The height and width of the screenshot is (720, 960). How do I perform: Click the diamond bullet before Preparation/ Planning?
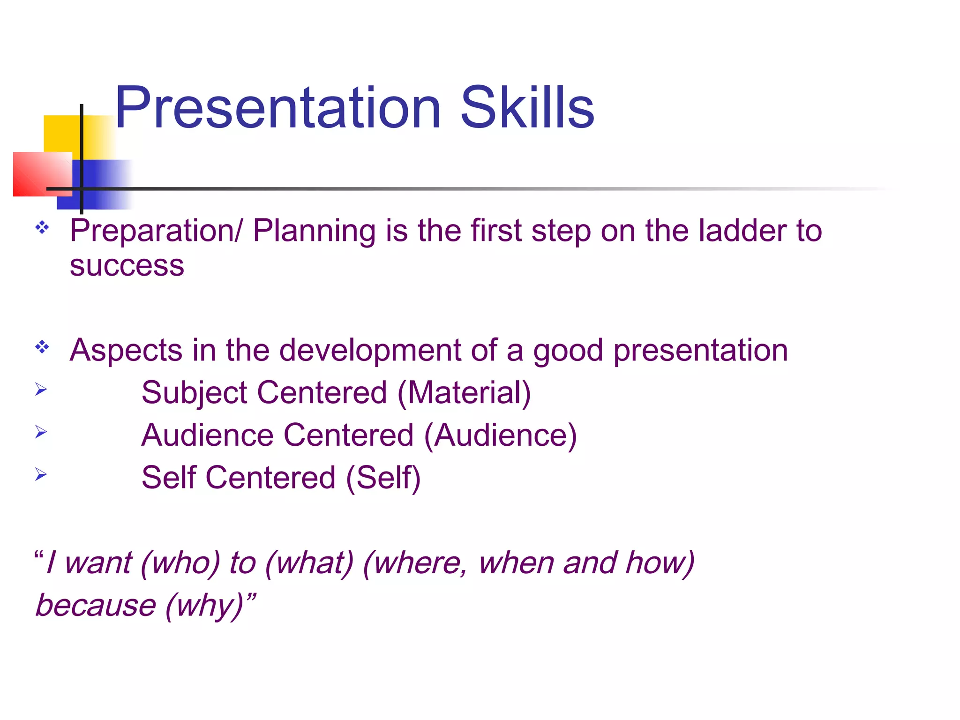click(42, 228)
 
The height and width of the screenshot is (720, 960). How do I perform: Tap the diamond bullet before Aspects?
click(42, 347)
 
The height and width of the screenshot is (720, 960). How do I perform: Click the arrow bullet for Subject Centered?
click(41, 389)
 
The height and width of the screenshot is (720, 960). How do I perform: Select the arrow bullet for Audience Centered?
click(41, 432)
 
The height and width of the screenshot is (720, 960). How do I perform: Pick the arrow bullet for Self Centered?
click(41, 474)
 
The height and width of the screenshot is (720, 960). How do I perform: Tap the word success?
click(127, 266)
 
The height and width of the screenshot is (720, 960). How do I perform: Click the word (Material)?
click(464, 393)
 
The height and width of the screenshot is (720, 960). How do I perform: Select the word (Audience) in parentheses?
click(500, 435)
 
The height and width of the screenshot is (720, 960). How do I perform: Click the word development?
click(370, 351)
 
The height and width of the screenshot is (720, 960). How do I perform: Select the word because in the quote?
click(96, 606)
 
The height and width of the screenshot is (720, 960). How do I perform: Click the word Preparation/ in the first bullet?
click(156, 231)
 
